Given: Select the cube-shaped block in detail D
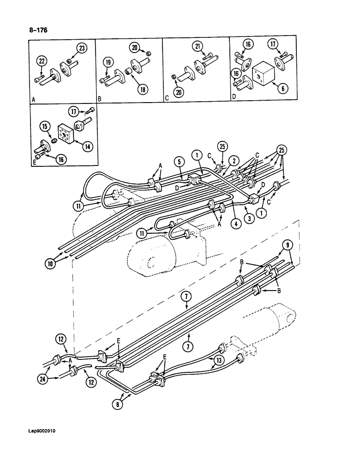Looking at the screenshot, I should (264, 73).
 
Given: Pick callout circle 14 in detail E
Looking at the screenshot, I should (86, 147).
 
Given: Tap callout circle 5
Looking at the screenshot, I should (180, 161).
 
